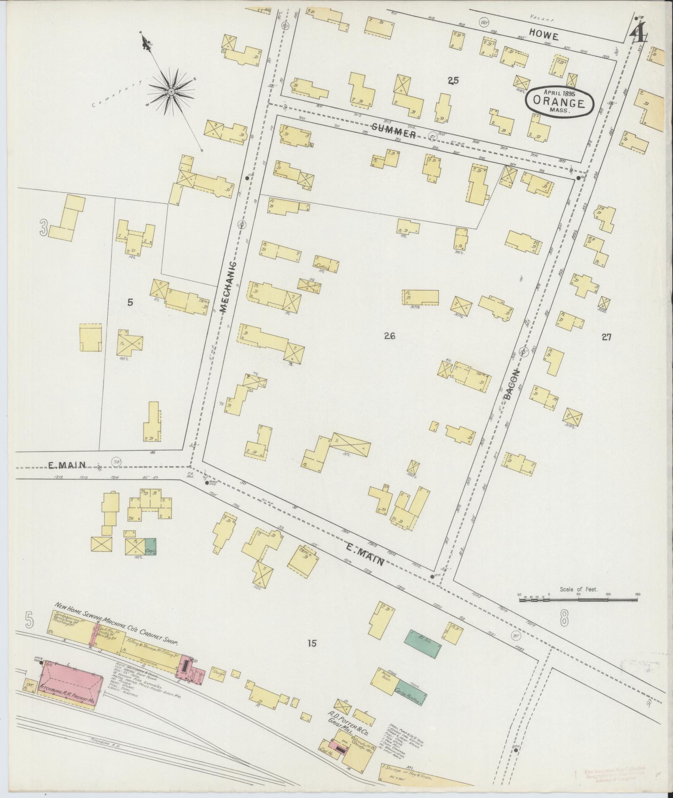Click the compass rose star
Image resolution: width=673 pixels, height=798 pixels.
(x=171, y=91)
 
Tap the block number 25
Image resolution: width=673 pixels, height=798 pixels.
(x=453, y=81)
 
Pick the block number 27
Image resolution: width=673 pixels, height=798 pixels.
(x=606, y=337)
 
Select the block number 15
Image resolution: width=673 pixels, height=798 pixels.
(x=312, y=643)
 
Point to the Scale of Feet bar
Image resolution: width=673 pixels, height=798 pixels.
(x=578, y=599)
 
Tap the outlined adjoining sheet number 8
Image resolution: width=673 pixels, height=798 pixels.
(x=564, y=619)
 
